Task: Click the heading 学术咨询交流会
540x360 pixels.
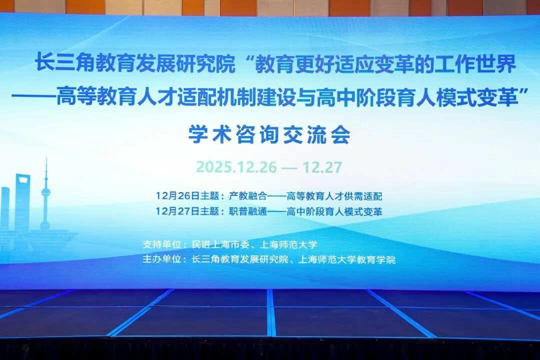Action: (x=269, y=134)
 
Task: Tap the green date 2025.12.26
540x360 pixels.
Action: (x=236, y=167)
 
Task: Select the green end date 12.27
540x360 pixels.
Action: (x=322, y=167)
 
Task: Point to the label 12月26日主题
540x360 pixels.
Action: (x=187, y=196)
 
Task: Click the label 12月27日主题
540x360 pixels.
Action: (x=187, y=211)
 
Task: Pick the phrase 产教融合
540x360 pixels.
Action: (x=248, y=196)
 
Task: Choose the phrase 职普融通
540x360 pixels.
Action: (x=248, y=211)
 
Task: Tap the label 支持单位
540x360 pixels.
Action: (x=162, y=244)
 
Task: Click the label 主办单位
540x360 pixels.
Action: (x=162, y=259)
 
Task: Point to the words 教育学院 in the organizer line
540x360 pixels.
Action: (x=376, y=259)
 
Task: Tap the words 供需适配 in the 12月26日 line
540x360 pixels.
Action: (x=363, y=196)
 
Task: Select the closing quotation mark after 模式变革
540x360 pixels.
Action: (x=523, y=90)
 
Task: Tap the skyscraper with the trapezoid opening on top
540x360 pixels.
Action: (x=22, y=201)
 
